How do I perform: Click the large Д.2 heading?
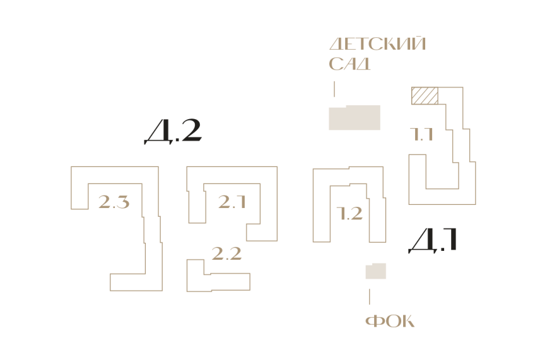click(173, 131)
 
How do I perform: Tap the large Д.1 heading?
click(433, 240)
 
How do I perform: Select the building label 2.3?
click(114, 202)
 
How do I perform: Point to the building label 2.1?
click(232, 202)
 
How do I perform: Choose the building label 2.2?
click(226, 253)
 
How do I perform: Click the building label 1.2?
click(349, 213)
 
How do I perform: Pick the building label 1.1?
click(421, 134)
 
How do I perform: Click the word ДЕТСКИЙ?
click(378, 44)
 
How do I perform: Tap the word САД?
click(349, 64)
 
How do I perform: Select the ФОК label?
click(390, 321)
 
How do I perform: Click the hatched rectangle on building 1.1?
click(425, 95)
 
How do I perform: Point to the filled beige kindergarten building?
click(355, 117)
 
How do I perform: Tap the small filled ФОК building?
click(376, 271)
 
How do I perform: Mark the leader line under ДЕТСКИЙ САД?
click(334, 89)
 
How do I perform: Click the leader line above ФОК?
click(370, 296)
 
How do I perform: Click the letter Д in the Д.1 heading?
click(423, 241)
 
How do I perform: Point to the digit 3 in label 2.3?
click(122, 202)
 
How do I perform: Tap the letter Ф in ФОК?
click(373, 321)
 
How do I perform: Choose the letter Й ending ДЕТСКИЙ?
click(418, 44)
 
